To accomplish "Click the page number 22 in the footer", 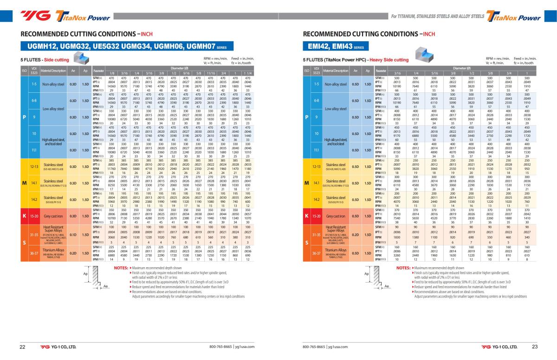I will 22,347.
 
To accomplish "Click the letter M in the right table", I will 306,183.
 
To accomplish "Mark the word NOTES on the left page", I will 121,268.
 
